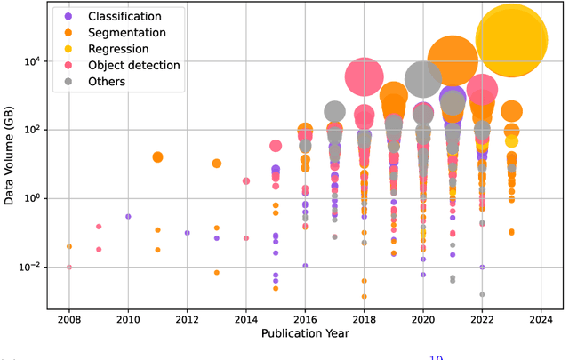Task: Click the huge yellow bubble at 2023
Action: pyautogui.click(x=511, y=39)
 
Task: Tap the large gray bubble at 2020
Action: pyautogui.click(x=423, y=79)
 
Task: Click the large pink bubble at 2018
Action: pyautogui.click(x=365, y=77)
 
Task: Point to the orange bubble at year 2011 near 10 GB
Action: pyautogui.click(x=157, y=157)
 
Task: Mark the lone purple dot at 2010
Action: pyautogui.click(x=128, y=216)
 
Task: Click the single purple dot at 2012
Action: pyautogui.click(x=187, y=233)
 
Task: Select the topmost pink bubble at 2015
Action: pyautogui.click(x=276, y=146)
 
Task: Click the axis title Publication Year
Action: pyautogui.click(x=305, y=334)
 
